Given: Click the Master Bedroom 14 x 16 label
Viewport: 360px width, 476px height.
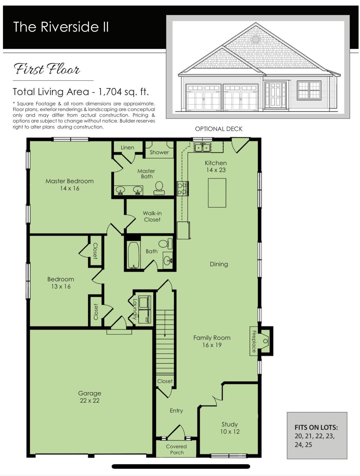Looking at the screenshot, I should (70, 184).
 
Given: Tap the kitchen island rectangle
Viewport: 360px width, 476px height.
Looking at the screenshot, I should (217, 193).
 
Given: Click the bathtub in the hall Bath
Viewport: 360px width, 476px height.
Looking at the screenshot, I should (133, 255).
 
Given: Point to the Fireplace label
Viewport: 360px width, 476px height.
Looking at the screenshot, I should (254, 341).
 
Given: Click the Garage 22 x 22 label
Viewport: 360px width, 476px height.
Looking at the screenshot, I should (89, 397).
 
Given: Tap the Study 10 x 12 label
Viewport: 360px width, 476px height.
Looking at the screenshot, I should (230, 428).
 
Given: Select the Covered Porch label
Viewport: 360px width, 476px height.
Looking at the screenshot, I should (177, 449).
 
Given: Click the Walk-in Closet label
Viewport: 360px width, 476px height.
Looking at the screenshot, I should (152, 216).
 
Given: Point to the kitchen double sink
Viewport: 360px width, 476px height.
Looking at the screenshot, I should (202, 148).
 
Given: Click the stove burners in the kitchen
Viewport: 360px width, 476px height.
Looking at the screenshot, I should (182, 188).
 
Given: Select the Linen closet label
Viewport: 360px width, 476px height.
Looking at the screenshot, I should (127, 147).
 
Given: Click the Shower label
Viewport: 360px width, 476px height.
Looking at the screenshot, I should (159, 152).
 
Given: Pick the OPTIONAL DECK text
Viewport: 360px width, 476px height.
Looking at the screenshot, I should (218, 129).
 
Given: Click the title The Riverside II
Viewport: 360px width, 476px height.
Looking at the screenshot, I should (61, 27).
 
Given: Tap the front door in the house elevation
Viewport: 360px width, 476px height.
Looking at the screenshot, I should (275, 95).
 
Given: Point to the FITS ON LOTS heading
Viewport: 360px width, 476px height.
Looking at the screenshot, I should (316, 427).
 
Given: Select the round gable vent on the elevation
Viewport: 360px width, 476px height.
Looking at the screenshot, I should (256, 39).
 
